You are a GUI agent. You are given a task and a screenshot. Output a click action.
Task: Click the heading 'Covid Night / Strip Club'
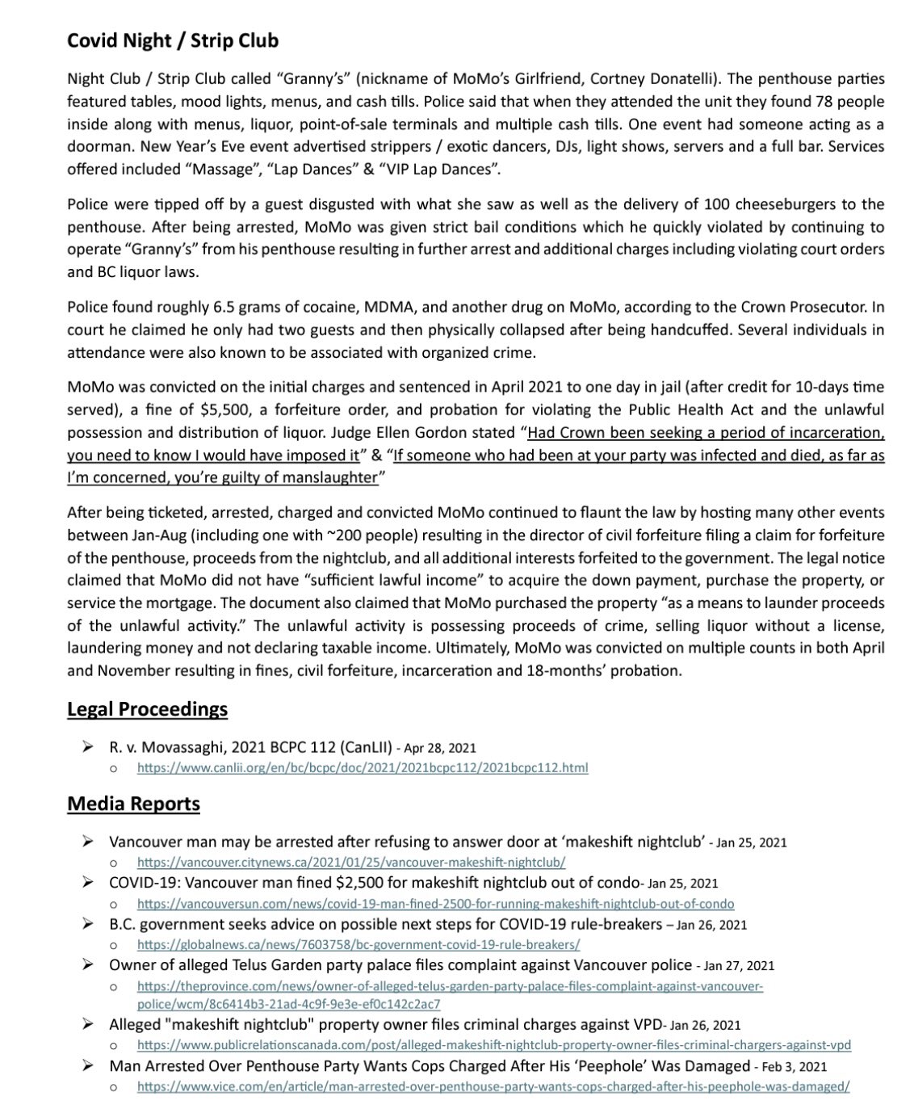pos(173,40)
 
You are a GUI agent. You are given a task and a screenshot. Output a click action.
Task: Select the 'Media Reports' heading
pos(133,804)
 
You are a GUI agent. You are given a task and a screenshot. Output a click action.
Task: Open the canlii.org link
pos(363,768)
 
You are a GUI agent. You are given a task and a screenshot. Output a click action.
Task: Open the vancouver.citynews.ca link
pos(351,863)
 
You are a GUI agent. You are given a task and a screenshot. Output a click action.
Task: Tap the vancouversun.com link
pos(435,904)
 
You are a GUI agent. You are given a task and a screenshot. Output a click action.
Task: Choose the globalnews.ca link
pos(358,944)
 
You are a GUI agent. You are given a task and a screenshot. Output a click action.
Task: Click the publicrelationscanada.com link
pos(493,1045)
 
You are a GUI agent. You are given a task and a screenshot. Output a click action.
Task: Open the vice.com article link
pos(493,1086)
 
